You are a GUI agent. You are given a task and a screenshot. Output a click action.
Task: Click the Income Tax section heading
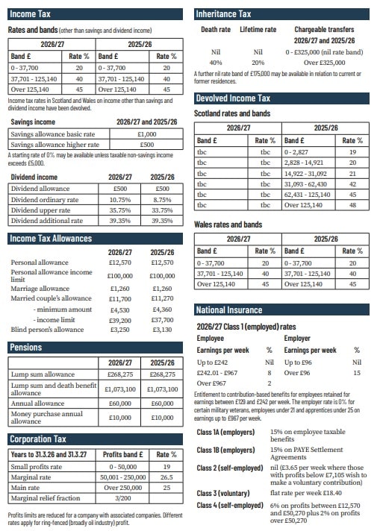(31, 14)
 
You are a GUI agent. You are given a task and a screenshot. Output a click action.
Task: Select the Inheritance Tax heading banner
(222, 14)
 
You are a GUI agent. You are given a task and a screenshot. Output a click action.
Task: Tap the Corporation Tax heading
(38, 439)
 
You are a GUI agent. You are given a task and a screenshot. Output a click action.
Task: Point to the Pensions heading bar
(26, 348)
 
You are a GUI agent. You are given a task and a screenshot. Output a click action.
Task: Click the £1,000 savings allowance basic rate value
(147, 133)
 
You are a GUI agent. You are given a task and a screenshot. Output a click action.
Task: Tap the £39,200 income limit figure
(120, 319)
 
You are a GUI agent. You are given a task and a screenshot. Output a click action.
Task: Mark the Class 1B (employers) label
(226, 450)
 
